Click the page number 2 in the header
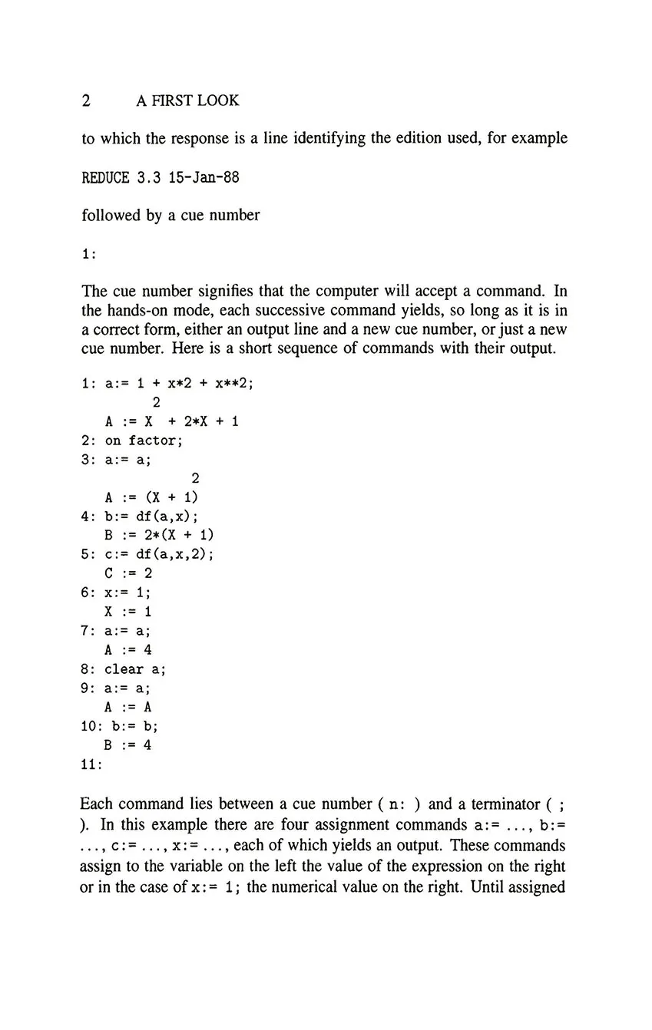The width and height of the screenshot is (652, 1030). (x=86, y=101)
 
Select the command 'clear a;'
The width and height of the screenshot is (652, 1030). (x=135, y=669)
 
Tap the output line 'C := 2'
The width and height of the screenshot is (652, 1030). (x=128, y=573)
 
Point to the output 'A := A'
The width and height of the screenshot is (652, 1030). (x=128, y=707)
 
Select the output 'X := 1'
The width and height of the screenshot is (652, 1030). (x=128, y=612)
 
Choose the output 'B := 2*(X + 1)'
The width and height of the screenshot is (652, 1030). (x=159, y=535)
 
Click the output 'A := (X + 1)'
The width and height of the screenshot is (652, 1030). (x=151, y=497)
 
